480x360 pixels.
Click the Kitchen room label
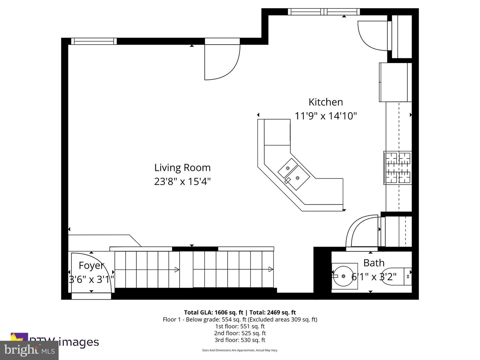pyautogui.click(x=325, y=102)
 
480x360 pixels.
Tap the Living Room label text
pyautogui.click(x=182, y=167)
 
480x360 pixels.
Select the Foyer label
pyautogui.click(x=91, y=265)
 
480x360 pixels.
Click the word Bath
pyautogui.click(x=374, y=263)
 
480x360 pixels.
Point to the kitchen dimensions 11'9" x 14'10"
pyautogui.click(x=326, y=116)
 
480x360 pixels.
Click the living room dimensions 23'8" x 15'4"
pyautogui.click(x=182, y=182)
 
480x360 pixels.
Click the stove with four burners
pyautogui.click(x=397, y=168)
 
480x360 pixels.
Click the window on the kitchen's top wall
pyautogui.click(x=324, y=12)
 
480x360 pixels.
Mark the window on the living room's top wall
pyautogui.click(x=94, y=41)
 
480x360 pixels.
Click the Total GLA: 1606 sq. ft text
pyautogui.click(x=213, y=312)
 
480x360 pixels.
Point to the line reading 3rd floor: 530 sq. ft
pyautogui.click(x=240, y=340)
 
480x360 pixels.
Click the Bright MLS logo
pyautogui.click(x=29, y=350)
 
